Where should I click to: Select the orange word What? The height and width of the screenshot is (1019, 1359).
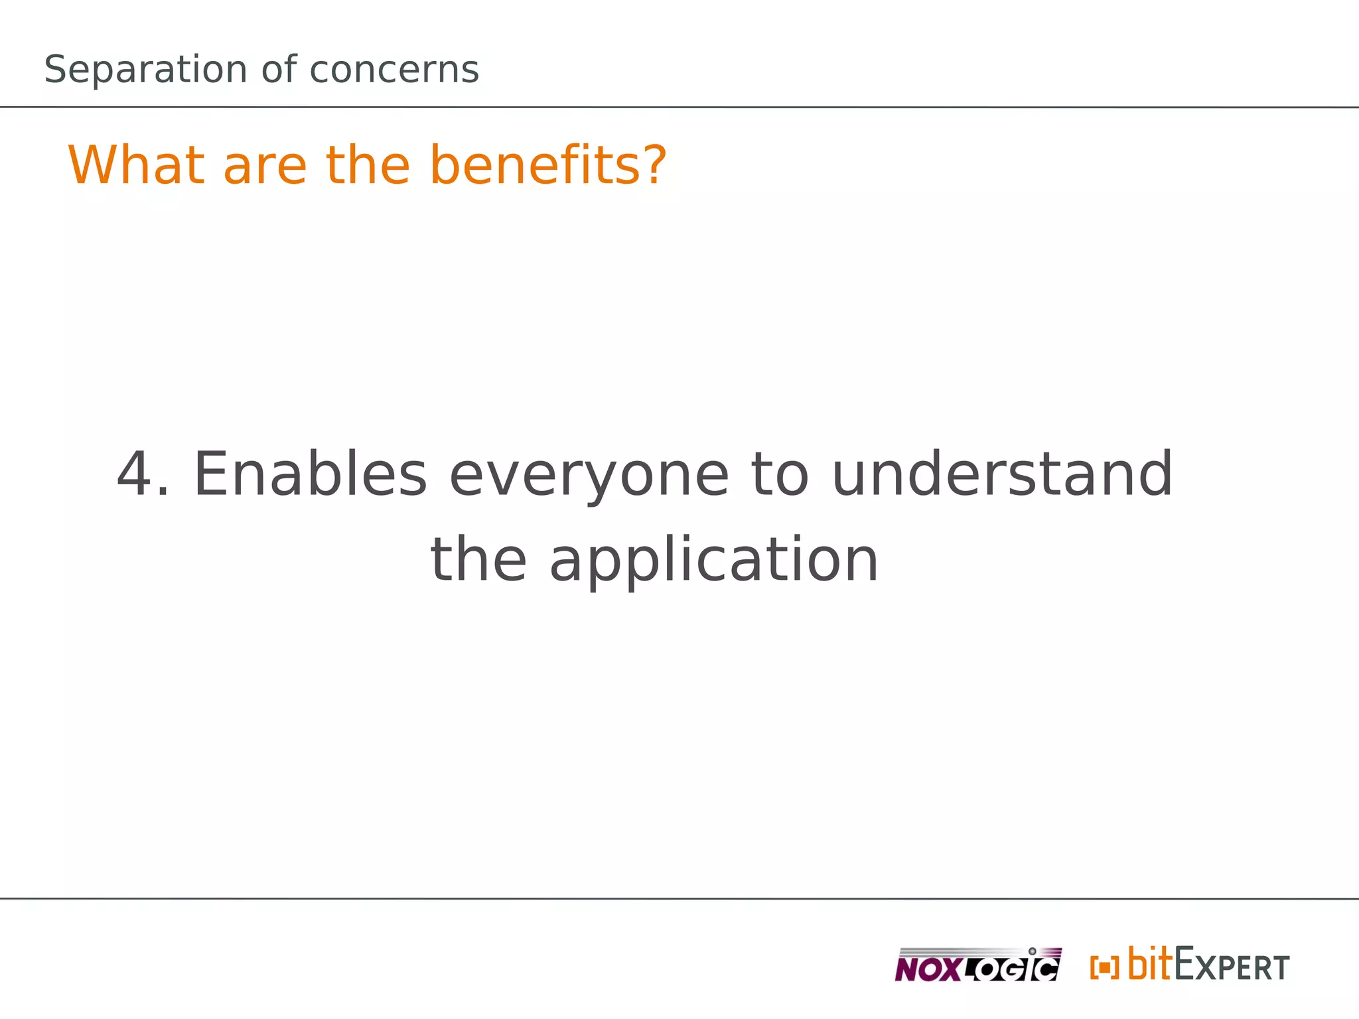pos(136,165)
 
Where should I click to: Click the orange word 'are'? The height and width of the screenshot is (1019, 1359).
pos(265,165)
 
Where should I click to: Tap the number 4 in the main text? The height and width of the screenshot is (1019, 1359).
pos(136,474)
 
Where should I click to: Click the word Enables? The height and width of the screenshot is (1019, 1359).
pos(310,474)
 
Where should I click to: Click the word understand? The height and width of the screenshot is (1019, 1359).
pos(1002,474)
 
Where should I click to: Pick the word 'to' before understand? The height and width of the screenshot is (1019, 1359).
pos(780,474)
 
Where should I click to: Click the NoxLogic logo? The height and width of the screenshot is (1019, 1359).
pos(977,965)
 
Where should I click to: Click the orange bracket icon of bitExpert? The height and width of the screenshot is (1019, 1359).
pos(1104,967)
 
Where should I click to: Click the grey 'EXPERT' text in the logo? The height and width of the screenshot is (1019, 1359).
pos(1232,966)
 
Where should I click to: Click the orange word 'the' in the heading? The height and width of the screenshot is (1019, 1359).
pos(368,165)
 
